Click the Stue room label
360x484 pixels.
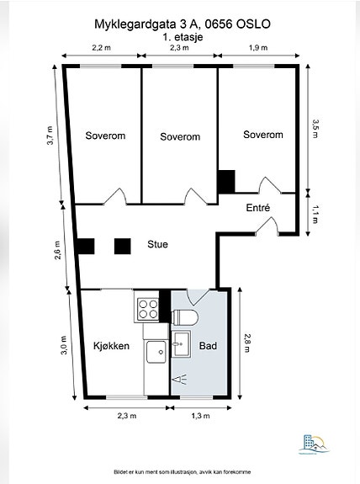point(157,244)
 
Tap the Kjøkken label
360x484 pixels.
point(111,346)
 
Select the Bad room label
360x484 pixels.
point(208,346)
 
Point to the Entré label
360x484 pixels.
point(258,208)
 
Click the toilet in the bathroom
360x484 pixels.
point(184,317)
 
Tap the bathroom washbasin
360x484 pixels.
point(181,343)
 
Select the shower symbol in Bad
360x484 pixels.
point(180,379)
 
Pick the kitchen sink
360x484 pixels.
point(156,352)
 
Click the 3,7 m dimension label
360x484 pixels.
point(50,136)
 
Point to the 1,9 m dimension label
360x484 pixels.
point(258,48)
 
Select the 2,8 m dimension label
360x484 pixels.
point(248,343)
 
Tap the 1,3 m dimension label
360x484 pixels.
point(200,416)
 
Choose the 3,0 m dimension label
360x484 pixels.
point(64,345)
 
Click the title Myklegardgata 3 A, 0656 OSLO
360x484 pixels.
point(183,24)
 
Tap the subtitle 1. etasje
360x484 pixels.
point(183,37)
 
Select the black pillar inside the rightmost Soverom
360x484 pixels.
point(227,182)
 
